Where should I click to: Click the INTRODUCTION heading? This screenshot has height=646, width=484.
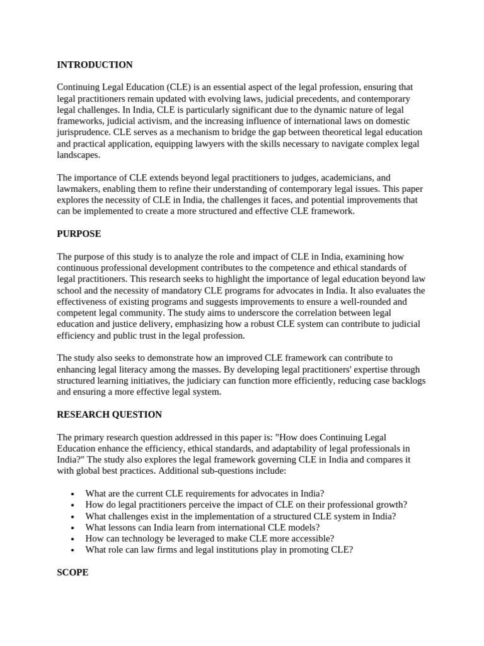point(95,65)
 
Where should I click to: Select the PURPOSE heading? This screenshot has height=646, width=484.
point(79,233)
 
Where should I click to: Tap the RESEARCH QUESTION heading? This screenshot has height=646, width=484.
point(109,414)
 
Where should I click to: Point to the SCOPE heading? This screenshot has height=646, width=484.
point(72,572)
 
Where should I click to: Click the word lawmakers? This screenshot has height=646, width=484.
point(79,189)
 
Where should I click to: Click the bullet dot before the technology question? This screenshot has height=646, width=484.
point(74,539)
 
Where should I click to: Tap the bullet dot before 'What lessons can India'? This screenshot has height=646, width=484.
point(74,527)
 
